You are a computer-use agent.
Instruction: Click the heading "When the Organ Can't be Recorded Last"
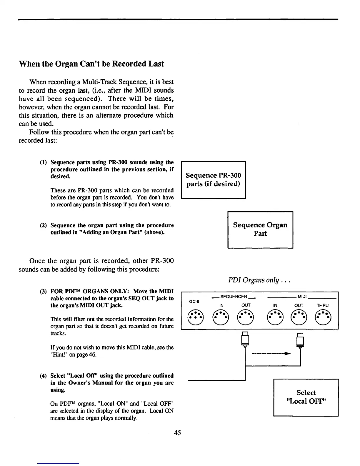click(91, 64)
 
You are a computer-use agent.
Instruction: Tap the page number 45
click(177, 432)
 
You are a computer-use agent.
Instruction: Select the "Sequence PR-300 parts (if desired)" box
click(213, 180)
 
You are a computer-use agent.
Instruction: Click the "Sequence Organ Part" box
click(260, 229)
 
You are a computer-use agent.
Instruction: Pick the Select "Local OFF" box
click(306, 397)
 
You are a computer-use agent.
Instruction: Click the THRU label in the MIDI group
click(323, 305)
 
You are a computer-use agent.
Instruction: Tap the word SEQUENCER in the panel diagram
click(234, 297)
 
